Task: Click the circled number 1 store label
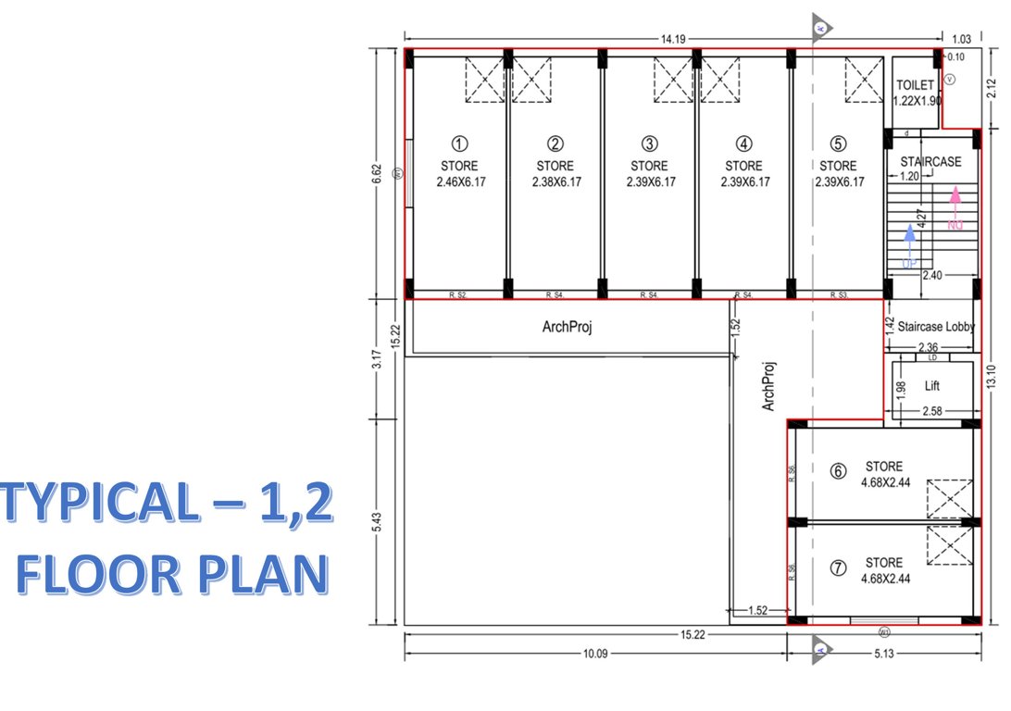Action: click(459, 143)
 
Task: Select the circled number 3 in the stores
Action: click(650, 143)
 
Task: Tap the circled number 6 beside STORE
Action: click(838, 471)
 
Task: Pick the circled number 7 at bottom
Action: click(838, 568)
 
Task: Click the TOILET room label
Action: click(915, 85)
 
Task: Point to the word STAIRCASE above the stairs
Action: click(930, 162)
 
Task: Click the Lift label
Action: click(931, 385)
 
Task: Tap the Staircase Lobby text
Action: click(935, 327)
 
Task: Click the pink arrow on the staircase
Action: click(956, 206)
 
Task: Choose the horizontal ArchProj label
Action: click(567, 328)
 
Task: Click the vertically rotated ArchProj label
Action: click(768, 386)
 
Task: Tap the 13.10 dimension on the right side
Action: click(991, 375)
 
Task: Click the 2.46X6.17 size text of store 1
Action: click(460, 182)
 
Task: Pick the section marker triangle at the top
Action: click(820, 28)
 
